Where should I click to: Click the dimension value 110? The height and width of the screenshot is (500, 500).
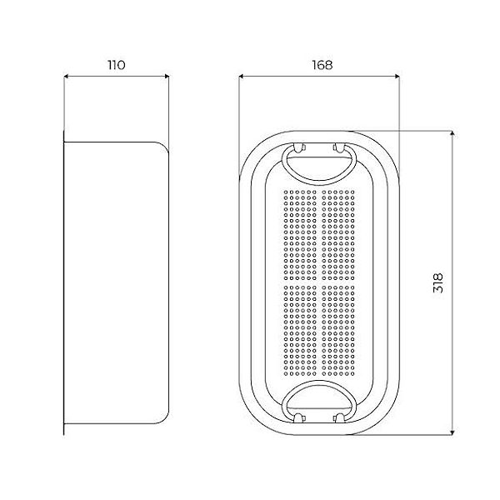pos(117,65)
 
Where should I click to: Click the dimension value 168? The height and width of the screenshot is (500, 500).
pos(322,65)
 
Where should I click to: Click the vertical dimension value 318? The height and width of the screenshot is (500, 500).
pos(438,282)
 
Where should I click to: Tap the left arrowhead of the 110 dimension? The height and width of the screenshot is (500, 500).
pos(66,76)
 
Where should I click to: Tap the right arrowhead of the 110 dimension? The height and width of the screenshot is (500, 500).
pos(167,76)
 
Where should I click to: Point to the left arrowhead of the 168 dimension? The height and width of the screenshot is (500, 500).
pos(242,76)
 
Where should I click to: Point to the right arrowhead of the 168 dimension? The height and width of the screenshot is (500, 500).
pos(397,76)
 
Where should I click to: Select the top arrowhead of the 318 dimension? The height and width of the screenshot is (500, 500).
pos(452,133)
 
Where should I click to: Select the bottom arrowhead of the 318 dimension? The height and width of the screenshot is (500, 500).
pos(452,432)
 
